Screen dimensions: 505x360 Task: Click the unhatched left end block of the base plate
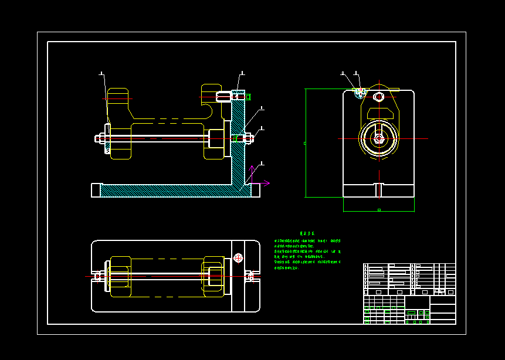pos(96,190)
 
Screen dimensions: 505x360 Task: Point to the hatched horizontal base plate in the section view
pos(170,191)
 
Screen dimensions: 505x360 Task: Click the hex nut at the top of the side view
pos(379,96)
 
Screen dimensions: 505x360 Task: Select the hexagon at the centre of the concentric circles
pos(379,139)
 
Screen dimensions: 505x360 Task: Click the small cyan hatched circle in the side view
pos(360,93)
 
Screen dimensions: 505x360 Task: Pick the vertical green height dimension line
pos(306,143)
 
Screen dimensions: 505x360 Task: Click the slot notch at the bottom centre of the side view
pos(379,190)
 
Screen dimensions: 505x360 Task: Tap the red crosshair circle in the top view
pos(238,257)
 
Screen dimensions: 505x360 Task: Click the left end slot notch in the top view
pos(95,276)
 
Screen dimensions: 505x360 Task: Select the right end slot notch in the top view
pos(255,276)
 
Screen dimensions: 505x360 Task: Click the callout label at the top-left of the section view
pos(102,74)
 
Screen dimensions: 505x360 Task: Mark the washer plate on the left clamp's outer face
pos(108,138)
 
